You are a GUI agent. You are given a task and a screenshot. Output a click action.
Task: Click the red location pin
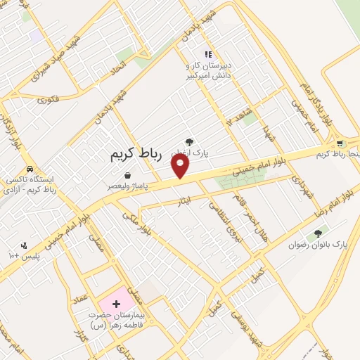point(181,166)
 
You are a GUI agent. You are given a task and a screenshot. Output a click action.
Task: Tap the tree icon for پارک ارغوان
point(188,142)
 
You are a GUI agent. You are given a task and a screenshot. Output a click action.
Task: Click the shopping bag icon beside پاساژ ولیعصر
point(127,175)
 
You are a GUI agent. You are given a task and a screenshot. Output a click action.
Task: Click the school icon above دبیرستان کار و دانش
point(207,53)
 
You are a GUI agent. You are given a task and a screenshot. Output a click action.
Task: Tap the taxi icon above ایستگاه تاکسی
point(30,169)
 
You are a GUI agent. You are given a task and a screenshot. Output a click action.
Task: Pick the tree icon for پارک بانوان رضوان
point(319,233)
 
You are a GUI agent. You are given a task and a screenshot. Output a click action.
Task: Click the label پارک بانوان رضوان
point(319,245)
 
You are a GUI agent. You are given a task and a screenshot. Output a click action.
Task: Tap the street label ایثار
point(181,204)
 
